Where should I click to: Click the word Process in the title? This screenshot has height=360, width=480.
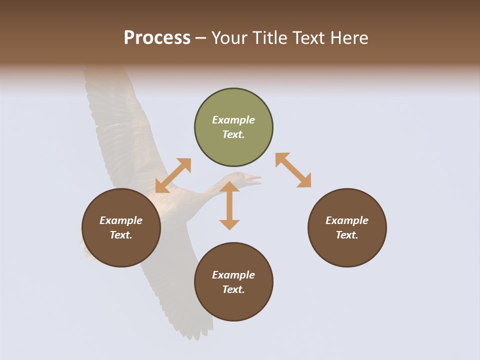point(157,38)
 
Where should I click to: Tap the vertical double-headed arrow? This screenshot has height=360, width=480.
point(229,205)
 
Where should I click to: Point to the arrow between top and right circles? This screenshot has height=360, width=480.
point(293,170)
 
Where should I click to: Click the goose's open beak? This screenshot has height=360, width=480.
point(253,179)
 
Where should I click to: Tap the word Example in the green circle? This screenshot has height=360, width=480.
point(233,120)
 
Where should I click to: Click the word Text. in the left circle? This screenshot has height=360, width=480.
point(121,235)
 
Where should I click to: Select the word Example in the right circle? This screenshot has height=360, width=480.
point(347,220)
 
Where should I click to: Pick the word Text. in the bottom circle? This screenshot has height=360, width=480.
point(233,289)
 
